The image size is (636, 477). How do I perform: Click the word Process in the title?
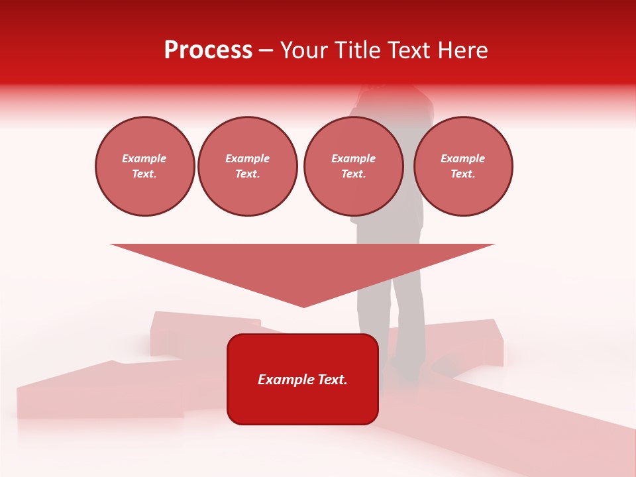(x=208, y=50)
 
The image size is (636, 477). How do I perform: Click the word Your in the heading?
(x=303, y=50)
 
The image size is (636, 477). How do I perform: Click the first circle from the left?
(x=144, y=166)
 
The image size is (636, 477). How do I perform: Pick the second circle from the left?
(x=247, y=166)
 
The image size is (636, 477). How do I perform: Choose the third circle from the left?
(x=353, y=166)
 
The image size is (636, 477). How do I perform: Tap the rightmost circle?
(x=463, y=166)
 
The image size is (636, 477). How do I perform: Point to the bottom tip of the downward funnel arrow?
(x=303, y=306)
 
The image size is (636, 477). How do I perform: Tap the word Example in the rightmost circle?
(x=463, y=158)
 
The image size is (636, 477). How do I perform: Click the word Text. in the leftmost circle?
(x=144, y=174)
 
